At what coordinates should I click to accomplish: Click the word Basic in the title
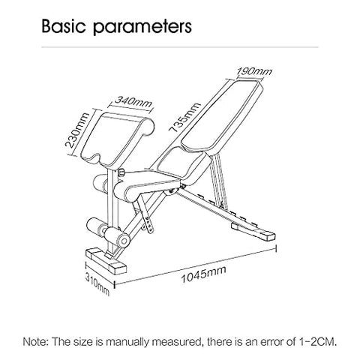63,26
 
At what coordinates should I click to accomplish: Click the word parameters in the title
142,28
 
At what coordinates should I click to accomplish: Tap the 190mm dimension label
254,72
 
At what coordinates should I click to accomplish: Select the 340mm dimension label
133,102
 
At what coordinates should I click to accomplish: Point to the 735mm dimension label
184,117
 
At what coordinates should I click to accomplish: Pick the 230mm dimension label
77,130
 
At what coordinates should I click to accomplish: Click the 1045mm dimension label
203,274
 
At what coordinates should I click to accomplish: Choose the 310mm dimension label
97,284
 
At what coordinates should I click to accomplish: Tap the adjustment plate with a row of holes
149,224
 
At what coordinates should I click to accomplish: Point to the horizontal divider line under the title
180,46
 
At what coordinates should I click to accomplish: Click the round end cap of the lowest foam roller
124,240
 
